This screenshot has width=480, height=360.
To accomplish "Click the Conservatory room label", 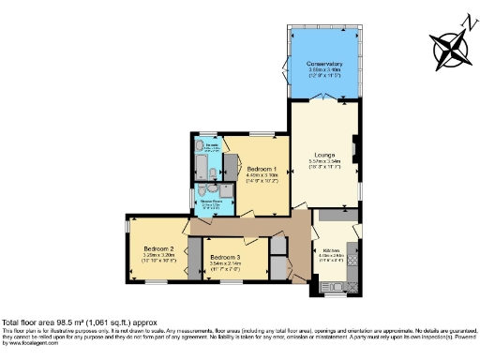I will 324,64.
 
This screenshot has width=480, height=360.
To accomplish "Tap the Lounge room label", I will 323,156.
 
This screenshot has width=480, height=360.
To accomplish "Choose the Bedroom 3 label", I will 226,257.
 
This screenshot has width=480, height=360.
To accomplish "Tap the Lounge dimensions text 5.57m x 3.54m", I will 323,162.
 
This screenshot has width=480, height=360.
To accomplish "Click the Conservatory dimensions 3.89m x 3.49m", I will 324,70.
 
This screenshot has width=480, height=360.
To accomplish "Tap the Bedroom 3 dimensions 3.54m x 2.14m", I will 226,263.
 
